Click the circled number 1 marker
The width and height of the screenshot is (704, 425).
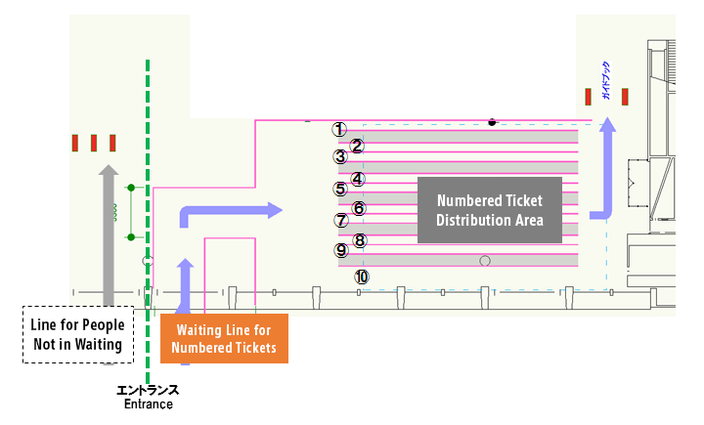pos(339,129)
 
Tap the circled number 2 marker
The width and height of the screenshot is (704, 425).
pos(357,147)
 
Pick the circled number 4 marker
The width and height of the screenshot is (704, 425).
pos(358,179)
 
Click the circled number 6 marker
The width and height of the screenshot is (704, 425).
pos(359,208)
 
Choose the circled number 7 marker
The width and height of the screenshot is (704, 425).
pos(340,220)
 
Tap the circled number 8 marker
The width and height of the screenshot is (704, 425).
pos(359,240)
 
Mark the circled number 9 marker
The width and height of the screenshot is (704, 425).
pos(341,250)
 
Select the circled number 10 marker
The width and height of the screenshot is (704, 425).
pos(362,277)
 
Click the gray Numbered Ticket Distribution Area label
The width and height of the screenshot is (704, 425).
pos(490,209)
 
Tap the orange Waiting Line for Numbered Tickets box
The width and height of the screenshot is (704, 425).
pos(224,339)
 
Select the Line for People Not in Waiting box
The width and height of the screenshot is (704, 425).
pos(77,335)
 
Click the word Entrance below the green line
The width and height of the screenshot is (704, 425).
pos(148,404)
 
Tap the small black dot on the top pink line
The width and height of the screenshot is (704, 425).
pos(492,122)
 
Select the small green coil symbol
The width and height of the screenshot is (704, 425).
pos(115,211)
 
